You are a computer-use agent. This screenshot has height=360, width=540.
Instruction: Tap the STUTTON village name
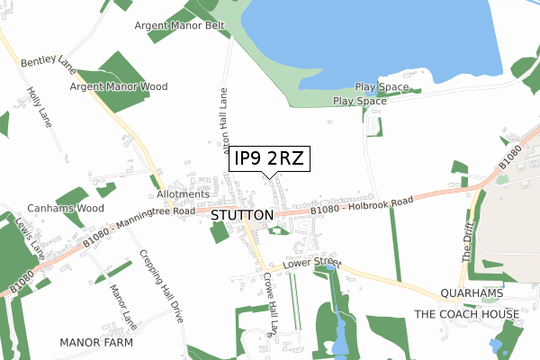point(242,216)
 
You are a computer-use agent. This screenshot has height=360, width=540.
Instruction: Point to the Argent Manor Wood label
point(120,87)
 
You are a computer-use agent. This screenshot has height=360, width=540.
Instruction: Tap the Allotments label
point(183,193)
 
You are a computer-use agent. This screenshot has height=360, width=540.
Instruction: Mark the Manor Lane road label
point(118,305)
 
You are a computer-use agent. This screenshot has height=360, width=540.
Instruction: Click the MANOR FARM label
point(95,343)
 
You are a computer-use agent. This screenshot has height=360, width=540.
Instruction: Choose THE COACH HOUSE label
point(465,313)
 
